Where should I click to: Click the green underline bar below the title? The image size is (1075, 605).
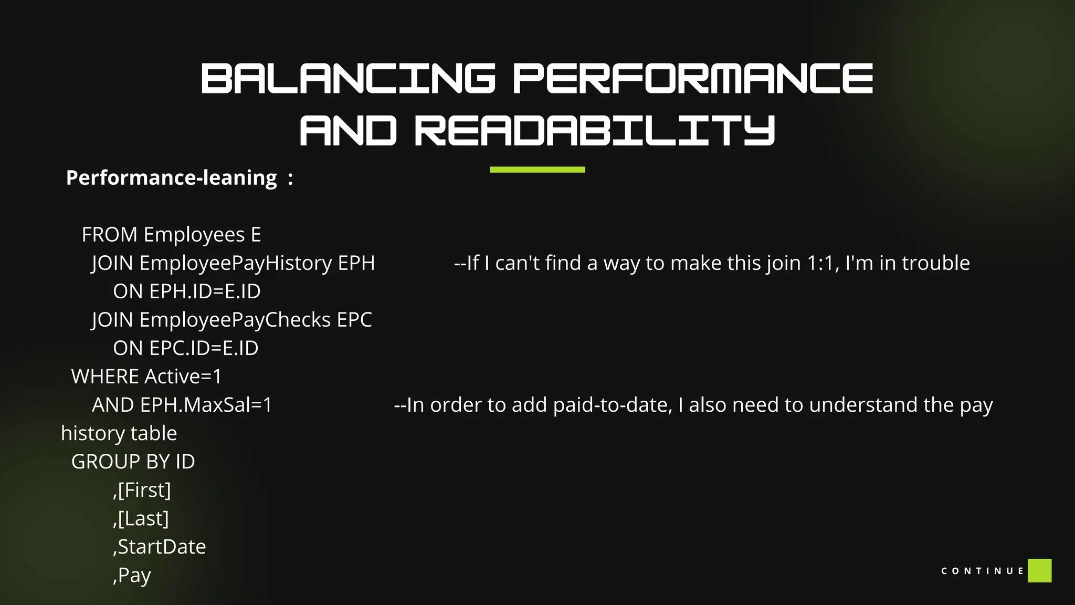click(x=537, y=170)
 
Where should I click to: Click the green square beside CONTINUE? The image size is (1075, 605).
click(x=1039, y=570)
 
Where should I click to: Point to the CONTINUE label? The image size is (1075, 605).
click(x=982, y=571)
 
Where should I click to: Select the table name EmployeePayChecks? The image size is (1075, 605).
click(x=235, y=320)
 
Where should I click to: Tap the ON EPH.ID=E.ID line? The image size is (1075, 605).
click(x=186, y=291)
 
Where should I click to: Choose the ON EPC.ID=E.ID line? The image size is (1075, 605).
click(x=185, y=348)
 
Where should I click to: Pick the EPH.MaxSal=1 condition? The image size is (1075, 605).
click(x=206, y=405)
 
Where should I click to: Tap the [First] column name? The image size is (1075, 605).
click(x=144, y=490)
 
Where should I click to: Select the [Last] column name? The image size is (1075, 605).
click(x=143, y=518)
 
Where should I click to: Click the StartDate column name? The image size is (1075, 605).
click(x=162, y=547)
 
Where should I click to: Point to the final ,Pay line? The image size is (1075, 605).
click(x=132, y=575)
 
